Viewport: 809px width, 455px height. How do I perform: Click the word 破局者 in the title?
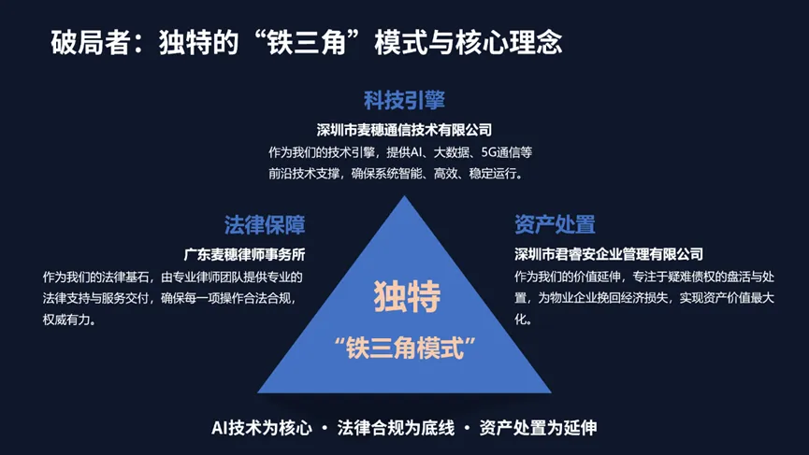tap(91, 42)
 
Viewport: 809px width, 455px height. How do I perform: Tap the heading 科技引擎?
tap(404, 100)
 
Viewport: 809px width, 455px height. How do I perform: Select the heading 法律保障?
tap(265, 224)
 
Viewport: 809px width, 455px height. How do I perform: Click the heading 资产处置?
tap(555, 224)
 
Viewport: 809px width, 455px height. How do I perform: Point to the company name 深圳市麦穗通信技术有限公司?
tap(404, 130)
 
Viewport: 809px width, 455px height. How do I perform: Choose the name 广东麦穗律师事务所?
tap(244, 254)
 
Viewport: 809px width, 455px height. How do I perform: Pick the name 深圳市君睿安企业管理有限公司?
tap(609, 254)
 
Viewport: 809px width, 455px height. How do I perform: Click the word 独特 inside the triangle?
tap(407, 296)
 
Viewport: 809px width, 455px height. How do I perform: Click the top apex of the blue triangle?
tap(404, 196)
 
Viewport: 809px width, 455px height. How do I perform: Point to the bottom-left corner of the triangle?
tap(258, 392)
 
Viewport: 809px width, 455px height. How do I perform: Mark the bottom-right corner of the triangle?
tap(551, 392)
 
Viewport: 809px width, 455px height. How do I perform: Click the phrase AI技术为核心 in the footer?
tap(262, 428)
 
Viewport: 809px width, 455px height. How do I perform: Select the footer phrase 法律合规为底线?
tap(396, 428)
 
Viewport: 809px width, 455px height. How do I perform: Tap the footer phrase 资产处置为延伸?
tap(538, 428)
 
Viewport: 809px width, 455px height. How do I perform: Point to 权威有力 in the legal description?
tap(66, 320)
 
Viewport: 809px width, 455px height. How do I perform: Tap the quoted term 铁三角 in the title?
tap(306, 42)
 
